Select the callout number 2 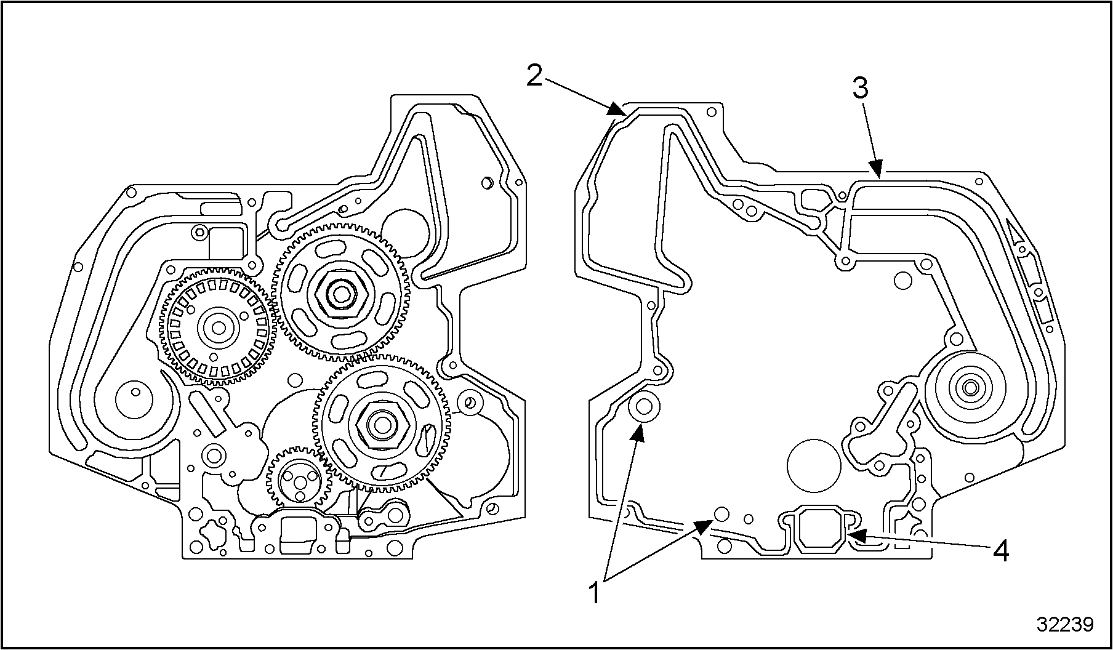click(534, 76)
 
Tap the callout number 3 click(861, 89)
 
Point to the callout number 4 click(1002, 551)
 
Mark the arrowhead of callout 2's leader click(617, 111)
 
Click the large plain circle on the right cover click(814, 465)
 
